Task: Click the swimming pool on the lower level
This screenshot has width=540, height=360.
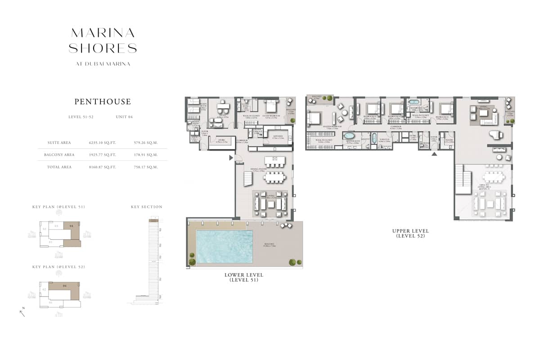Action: (x=224, y=247)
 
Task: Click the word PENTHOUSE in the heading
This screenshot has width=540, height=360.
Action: (x=103, y=102)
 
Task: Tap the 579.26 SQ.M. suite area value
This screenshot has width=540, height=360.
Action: (x=146, y=143)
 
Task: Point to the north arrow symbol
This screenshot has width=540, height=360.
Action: (x=22, y=312)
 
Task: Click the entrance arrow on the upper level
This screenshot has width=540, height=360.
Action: (x=434, y=154)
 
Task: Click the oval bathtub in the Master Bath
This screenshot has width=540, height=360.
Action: (x=349, y=135)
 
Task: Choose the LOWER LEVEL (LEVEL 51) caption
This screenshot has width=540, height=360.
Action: (x=244, y=277)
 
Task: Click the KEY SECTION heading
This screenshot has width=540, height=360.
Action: (x=147, y=207)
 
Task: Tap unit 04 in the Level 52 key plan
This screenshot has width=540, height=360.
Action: (x=64, y=286)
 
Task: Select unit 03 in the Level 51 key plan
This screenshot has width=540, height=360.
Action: (x=56, y=226)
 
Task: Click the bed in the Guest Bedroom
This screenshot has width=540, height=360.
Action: (x=271, y=107)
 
